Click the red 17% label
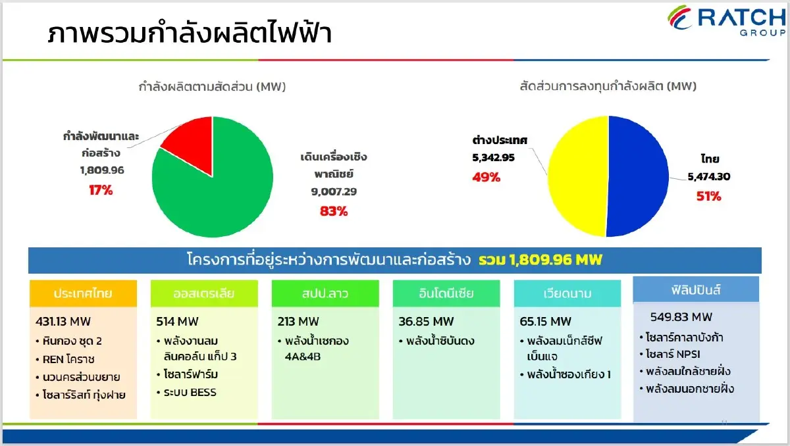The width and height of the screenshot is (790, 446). (x=101, y=190)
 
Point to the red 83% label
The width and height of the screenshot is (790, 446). (x=333, y=211)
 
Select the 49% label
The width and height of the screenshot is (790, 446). (x=487, y=177)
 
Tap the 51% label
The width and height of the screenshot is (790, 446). (x=709, y=196)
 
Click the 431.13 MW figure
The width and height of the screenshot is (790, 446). (x=63, y=322)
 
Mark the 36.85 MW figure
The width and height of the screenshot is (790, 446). (x=426, y=322)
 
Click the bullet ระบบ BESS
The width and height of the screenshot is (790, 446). (x=190, y=393)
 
